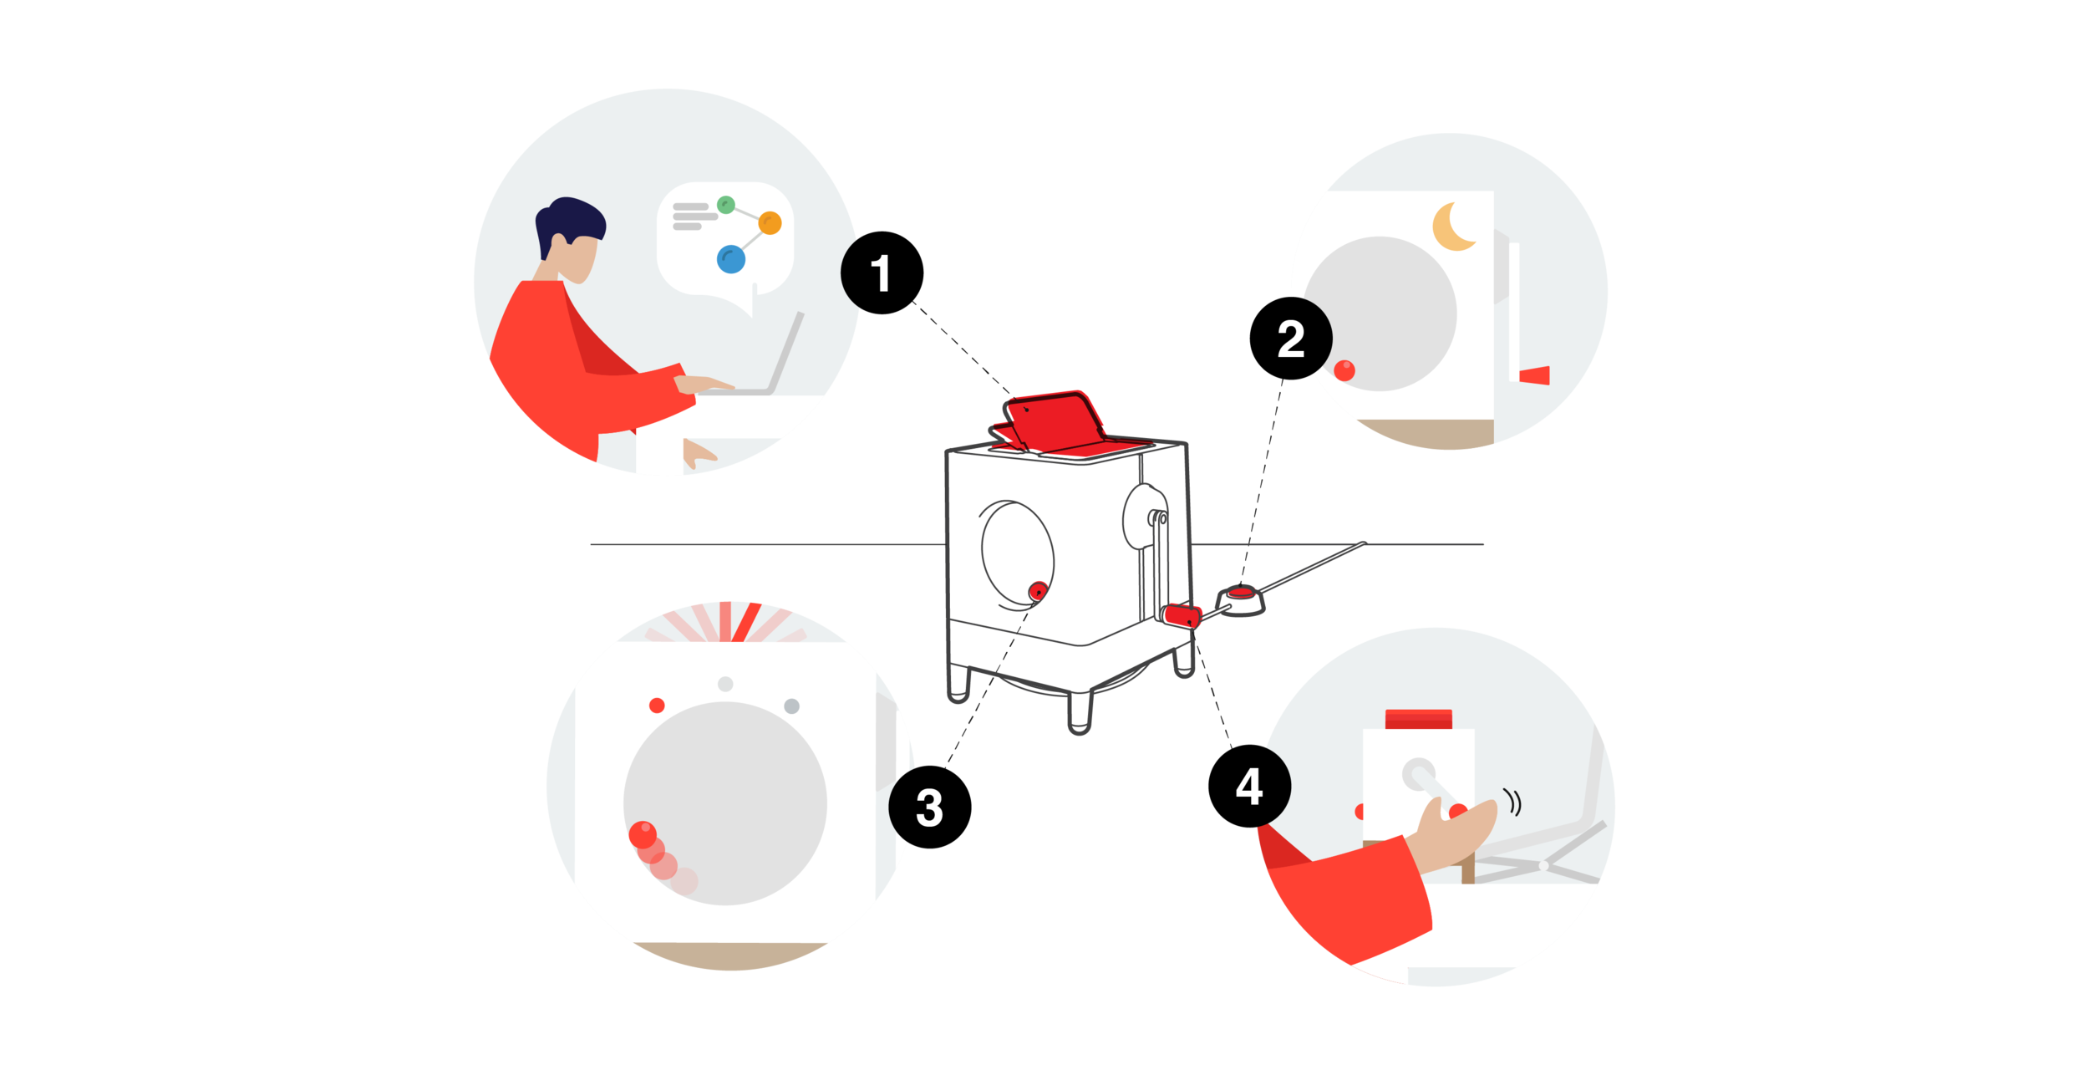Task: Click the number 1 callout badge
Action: pyautogui.click(x=878, y=273)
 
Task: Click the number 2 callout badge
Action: pyautogui.click(x=1291, y=339)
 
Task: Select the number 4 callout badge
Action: pyautogui.click(x=1249, y=787)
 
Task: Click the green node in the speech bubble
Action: pyautogui.click(x=726, y=204)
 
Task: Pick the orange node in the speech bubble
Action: pyautogui.click(x=770, y=223)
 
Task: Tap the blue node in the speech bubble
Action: pyautogui.click(x=731, y=259)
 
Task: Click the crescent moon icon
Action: pyautogui.click(x=1453, y=227)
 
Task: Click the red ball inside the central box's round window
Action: pyautogui.click(x=1037, y=591)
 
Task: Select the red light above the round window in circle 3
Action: pyautogui.click(x=657, y=706)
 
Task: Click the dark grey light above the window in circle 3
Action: pyautogui.click(x=791, y=706)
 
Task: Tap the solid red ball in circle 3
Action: pyautogui.click(x=642, y=833)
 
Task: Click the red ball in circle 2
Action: pyautogui.click(x=1344, y=370)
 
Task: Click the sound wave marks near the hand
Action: pyautogui.click(x=1513, y=802)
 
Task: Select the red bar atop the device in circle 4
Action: pyautogui.click(x=1419, y=719)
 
